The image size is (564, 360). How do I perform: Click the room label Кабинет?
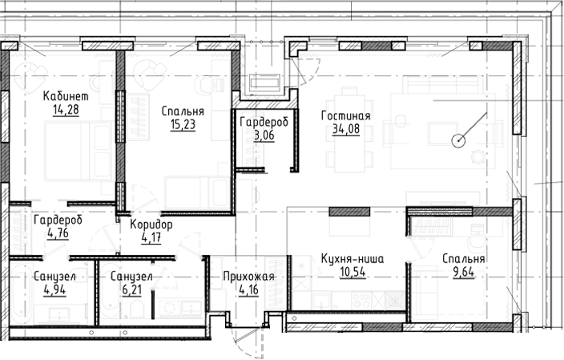tap(65, 97)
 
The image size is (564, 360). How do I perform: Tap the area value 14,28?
tap(65, 110)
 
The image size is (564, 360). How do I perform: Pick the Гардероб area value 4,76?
tap(58, 234)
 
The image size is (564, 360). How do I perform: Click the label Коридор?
tap(151, 224)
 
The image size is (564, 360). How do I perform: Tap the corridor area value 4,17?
tap(151, 237)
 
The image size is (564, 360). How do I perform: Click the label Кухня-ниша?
tap(350, 259)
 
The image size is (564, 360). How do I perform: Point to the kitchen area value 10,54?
tap(350, 273)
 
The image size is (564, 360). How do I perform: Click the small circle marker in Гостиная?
tap(458, 142)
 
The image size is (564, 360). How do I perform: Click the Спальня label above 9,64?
tap(463, 259)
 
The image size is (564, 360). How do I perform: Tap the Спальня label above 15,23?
tap(182, 111)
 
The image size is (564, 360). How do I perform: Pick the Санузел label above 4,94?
tap(54, 277)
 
